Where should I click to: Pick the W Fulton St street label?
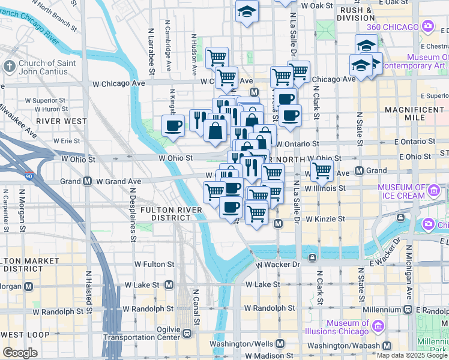154,264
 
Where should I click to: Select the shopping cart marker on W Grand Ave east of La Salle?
322,172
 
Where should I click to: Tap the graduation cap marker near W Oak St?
246,11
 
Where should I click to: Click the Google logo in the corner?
20,353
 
